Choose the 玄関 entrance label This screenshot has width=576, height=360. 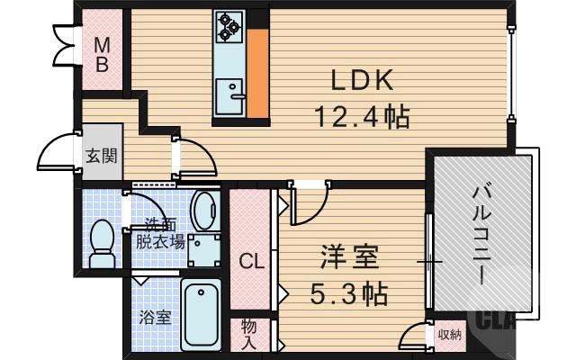tap(101, 156)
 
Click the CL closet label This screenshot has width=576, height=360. tap(251, 262)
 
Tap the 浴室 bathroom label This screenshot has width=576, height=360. tap(155, 318)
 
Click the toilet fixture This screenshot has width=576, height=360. tap(103, 242)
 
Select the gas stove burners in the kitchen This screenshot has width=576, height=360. tap(228, 28)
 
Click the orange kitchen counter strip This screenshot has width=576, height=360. tap(258, 73)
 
